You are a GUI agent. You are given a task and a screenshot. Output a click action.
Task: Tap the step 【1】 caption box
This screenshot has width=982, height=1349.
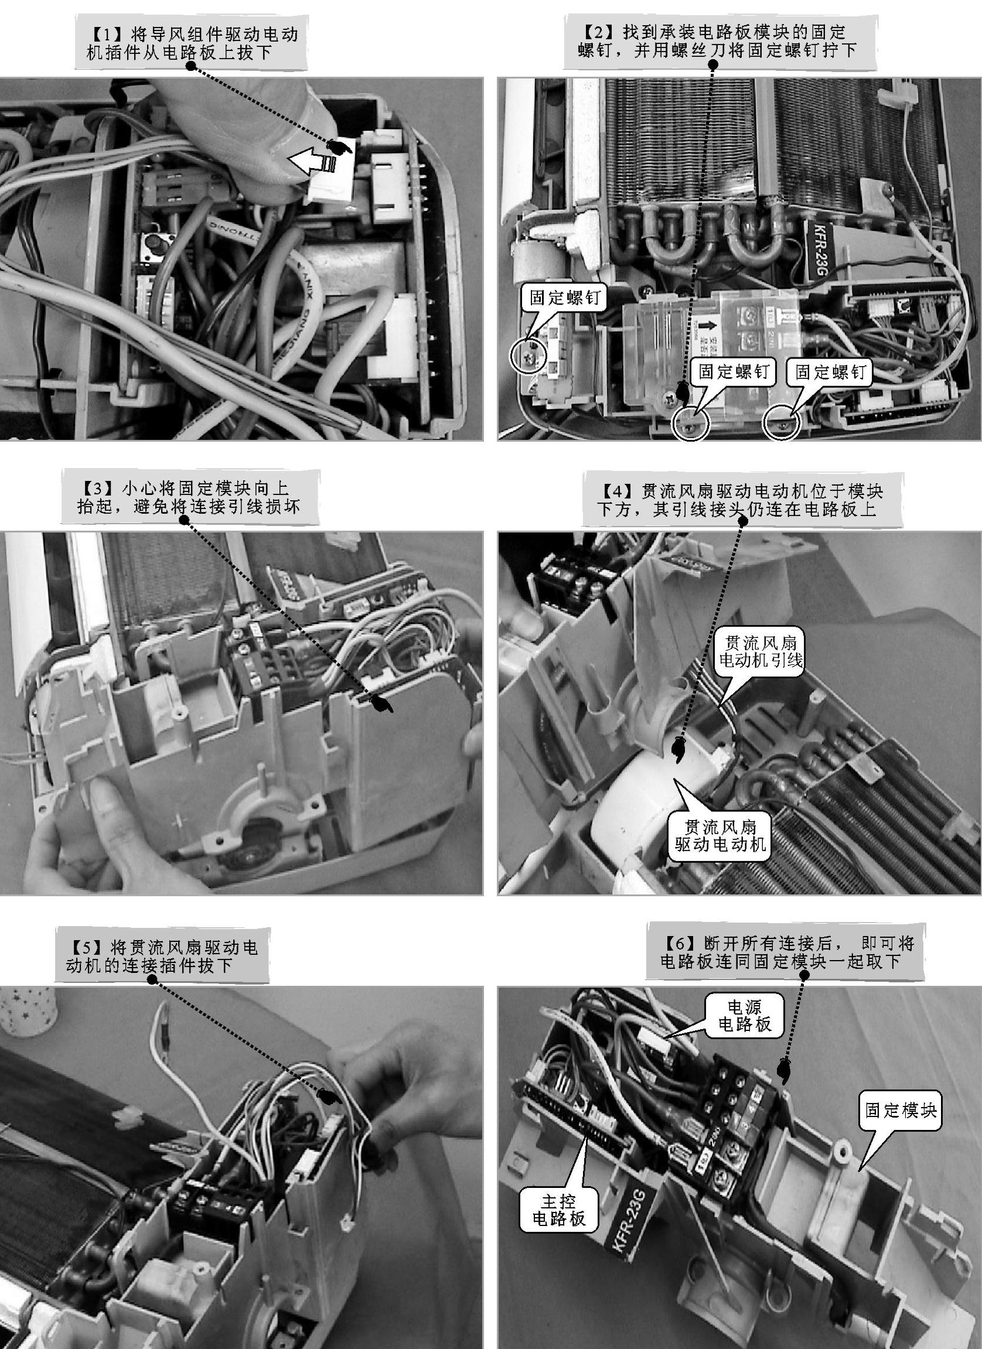click(193, 43)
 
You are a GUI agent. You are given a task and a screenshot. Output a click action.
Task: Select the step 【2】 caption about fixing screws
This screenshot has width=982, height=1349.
click(720, 42)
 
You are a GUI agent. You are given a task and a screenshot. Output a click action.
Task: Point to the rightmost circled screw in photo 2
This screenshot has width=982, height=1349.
click(782, 424)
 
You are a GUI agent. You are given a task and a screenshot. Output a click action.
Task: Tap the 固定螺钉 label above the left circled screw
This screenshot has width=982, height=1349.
click(565, 298)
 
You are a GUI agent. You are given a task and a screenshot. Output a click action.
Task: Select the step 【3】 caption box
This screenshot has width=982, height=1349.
click(189, 497)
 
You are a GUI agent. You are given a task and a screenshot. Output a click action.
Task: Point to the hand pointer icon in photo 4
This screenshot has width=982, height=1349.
click(677, 749)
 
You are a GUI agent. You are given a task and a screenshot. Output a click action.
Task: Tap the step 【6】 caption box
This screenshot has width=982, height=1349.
click(786, 952)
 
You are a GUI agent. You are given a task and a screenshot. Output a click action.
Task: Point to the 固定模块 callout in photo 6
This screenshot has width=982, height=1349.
click(901, 1111)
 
